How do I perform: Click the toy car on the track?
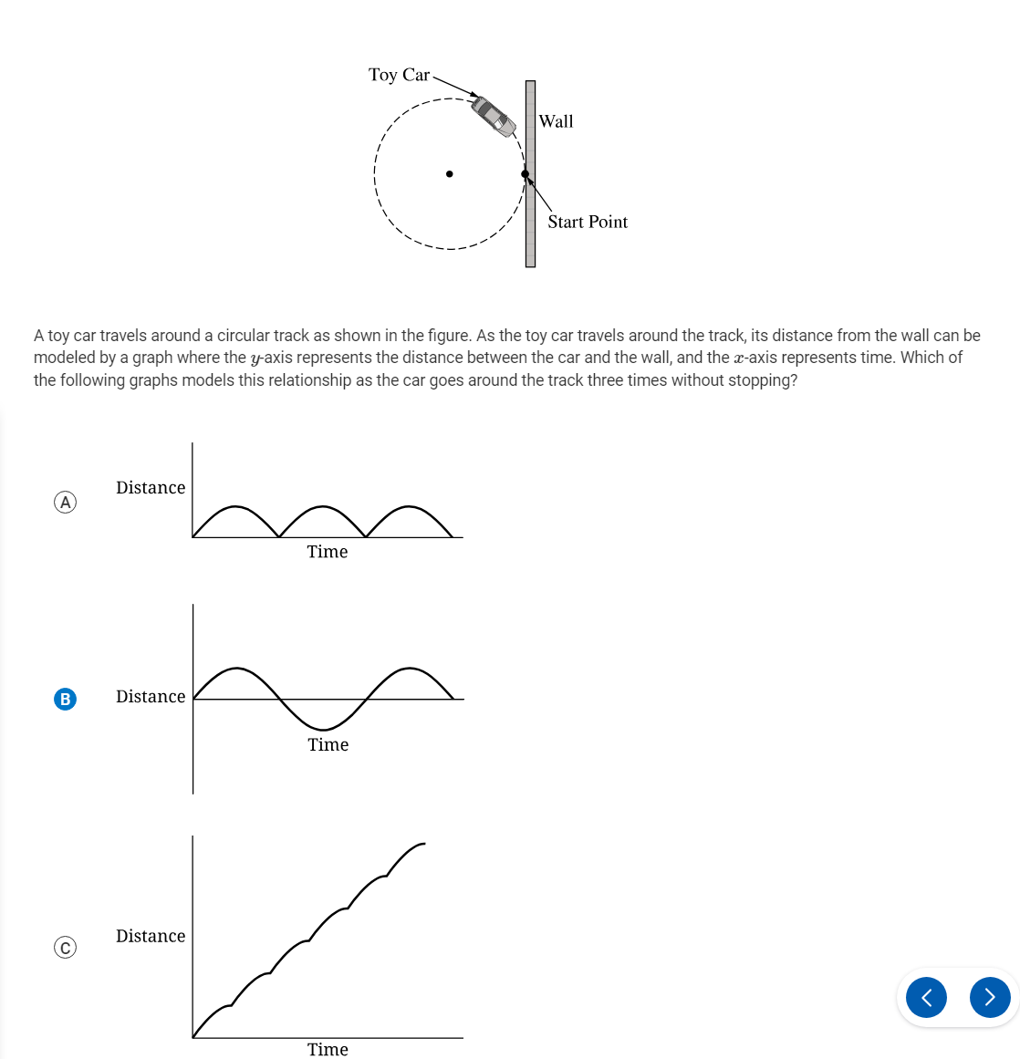494,116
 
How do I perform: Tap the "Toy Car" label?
399,75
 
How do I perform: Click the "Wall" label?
556,121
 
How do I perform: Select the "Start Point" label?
588,222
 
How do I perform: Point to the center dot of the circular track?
449,173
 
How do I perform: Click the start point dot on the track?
525,173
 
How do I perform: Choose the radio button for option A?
65,502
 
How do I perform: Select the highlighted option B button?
65,699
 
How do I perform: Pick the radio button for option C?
65,948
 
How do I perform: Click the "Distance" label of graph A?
151,488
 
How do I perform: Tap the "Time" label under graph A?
328,552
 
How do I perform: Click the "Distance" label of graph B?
151,697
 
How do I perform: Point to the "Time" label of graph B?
328,745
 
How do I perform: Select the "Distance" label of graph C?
151,936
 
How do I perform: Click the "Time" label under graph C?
328,1049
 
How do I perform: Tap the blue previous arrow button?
926,997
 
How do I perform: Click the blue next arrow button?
990,997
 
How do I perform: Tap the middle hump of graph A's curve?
322,506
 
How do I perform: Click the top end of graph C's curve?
424,844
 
